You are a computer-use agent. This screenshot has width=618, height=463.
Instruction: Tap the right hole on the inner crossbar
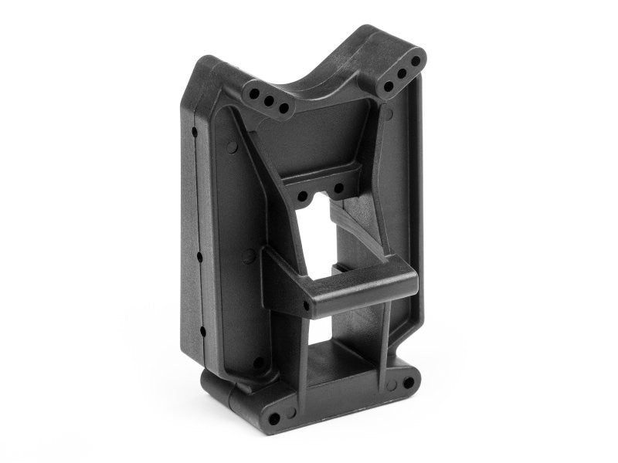(339, 188)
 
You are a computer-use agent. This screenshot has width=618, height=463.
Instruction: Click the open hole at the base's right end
(405, 381)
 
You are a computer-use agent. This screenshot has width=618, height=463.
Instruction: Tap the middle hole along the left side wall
(199, 255)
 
